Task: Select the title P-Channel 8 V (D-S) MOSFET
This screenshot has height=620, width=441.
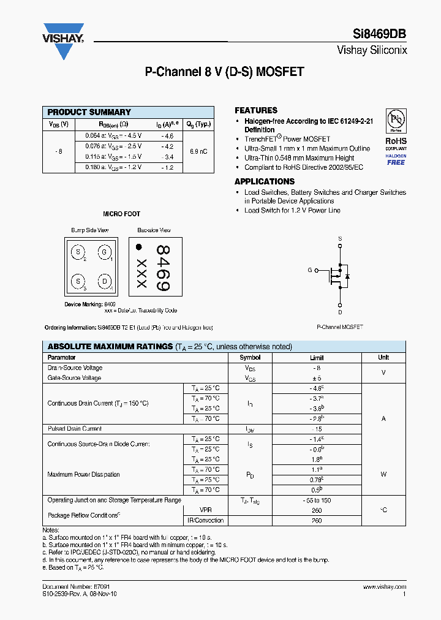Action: coord(224,72)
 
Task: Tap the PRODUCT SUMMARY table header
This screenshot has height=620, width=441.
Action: coord(89,112)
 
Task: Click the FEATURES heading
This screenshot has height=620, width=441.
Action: coord(256,110)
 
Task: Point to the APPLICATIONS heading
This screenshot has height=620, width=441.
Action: coord(265,181)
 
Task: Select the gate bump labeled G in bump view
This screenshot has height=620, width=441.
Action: coord(104,252)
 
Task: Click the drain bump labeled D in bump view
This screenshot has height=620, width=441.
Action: coord(104,281)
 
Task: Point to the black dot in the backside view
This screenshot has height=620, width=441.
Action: coord(139,247)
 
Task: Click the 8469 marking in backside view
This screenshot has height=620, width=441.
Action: coord(162,268)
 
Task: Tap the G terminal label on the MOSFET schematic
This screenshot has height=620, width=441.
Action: coord(309,270)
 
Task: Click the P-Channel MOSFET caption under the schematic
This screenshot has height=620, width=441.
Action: coord(339,327)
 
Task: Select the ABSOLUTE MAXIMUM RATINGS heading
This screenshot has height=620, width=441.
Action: coord(110,347)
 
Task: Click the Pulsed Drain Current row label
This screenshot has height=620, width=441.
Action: coord(75,429)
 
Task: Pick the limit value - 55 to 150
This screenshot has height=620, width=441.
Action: coord(317,501)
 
